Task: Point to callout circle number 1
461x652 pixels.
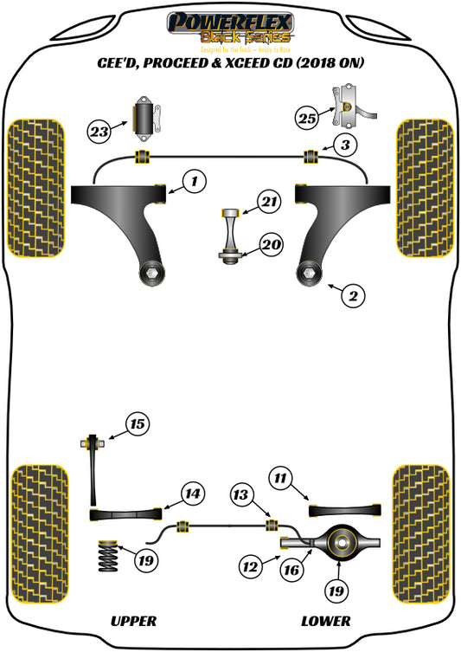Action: [195, 182]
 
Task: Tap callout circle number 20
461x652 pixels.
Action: [271, 245]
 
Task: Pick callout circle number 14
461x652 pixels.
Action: [193, 494]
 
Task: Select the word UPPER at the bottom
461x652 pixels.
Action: [133, 621]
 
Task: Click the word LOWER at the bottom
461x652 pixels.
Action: [325, 621]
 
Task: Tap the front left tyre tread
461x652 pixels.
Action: [35, 189]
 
